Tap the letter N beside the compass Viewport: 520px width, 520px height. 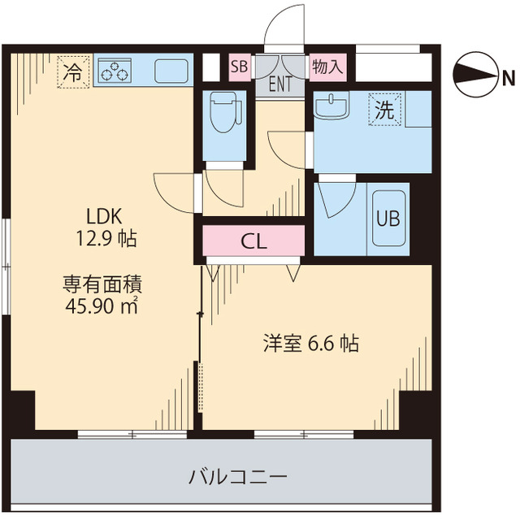pyautogui.click(x=508, y=78)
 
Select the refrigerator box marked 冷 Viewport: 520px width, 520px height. pyautogui.click(x=72, y=71)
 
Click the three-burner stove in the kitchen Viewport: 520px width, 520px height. pyautogui.click(x=115, y=71)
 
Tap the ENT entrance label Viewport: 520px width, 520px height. pyautogui.click(x=280, y=82)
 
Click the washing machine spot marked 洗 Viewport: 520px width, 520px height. pyautogui.click(x=387, y=110)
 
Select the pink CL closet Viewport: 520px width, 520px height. pyautogui.click(x=253, y=241)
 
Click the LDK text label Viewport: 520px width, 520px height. pyautogui.click(x=104, y=216)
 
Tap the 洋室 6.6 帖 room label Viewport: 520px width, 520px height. pyautogui.click(x=310, y=344)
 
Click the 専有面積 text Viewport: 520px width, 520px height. pyautogui.click(x=104, y=284)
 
